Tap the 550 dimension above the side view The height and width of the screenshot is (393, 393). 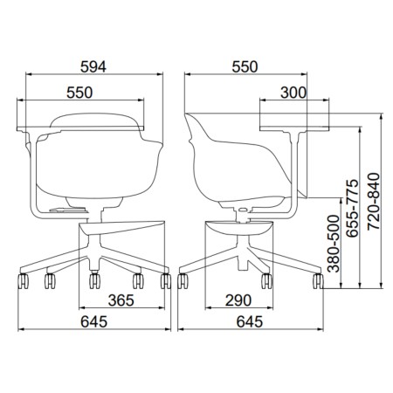pos(250,66)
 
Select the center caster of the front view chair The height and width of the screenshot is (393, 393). pos(94,282)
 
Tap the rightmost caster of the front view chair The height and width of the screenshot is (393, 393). pos(165,281)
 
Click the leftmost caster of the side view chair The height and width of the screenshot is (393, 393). pos(183,281)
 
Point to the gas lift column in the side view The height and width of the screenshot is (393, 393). pos(243,210)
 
